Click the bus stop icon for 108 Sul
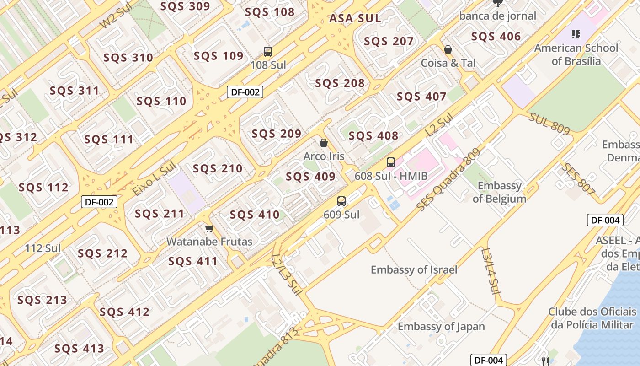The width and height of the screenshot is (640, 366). [x=268, y=51]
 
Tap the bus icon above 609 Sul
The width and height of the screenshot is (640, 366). [x=341, y=201]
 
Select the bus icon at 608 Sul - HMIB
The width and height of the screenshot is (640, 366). [x=391, y=162]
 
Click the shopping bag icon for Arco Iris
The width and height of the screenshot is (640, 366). [x=324, y=143]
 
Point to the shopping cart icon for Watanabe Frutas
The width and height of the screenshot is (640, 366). [x=209, y=228]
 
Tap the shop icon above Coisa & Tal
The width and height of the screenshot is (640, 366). [x=448, y=49]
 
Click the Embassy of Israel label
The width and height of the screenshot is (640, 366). [x=414, y=270]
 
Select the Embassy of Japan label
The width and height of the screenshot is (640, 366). [x=441, y=327]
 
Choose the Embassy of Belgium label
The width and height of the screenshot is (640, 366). [x=499, y=192]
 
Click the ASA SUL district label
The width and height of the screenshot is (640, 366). [x=355, y=18]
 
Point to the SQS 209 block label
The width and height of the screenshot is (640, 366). [x=277, y=134]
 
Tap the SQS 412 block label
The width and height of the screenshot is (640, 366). [x=124, y=312]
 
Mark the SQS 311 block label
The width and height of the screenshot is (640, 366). [x=75, y=91]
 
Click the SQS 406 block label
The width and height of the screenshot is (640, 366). [x=496, y=37]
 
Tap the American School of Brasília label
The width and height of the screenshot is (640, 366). [x=576, y=54]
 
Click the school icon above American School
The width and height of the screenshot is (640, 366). [x=576, y=34]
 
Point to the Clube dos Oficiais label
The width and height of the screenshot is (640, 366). [x=592, y=318]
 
